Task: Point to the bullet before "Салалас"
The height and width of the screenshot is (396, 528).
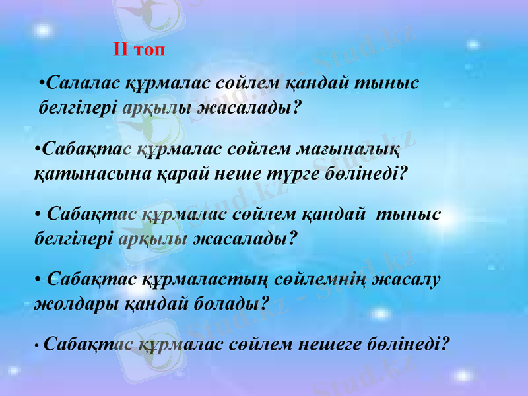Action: [x=42, y=84]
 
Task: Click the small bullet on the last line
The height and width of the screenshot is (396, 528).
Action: [x=38, y=345]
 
